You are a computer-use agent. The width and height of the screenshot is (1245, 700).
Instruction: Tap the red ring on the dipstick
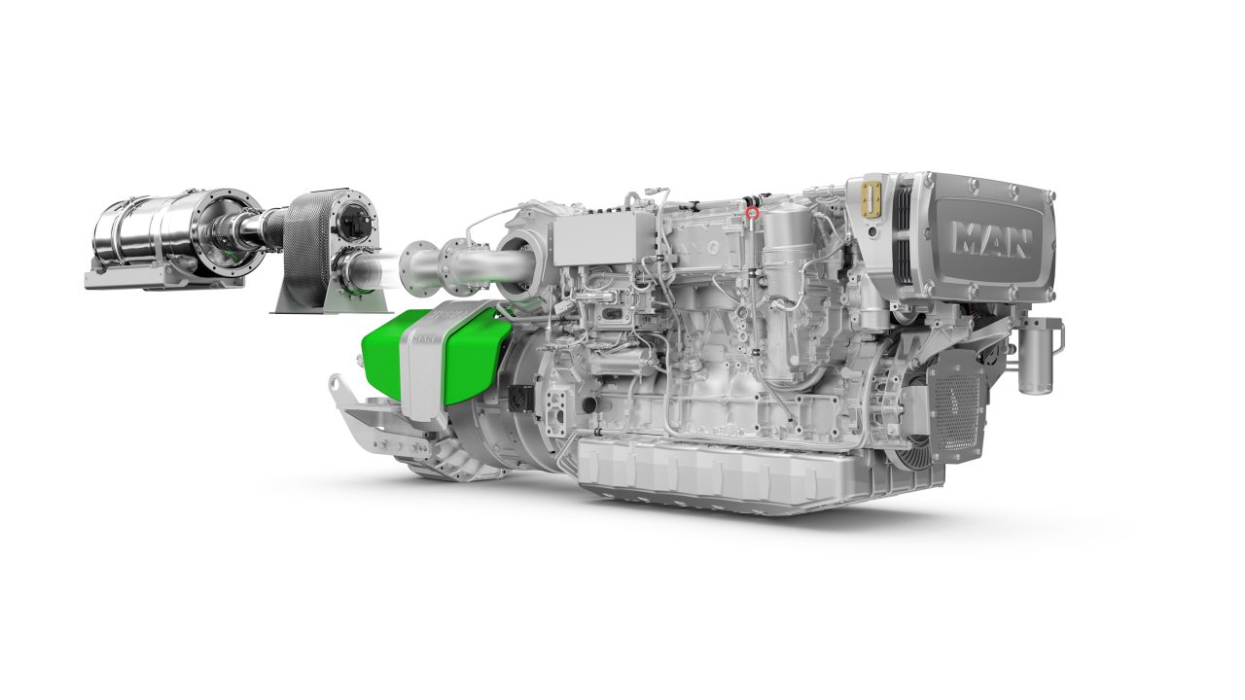coord(752,212)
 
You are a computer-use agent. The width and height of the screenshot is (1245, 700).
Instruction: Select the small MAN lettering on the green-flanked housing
coord(423,339)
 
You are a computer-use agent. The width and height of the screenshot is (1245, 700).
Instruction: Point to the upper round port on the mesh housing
coord(352,224)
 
